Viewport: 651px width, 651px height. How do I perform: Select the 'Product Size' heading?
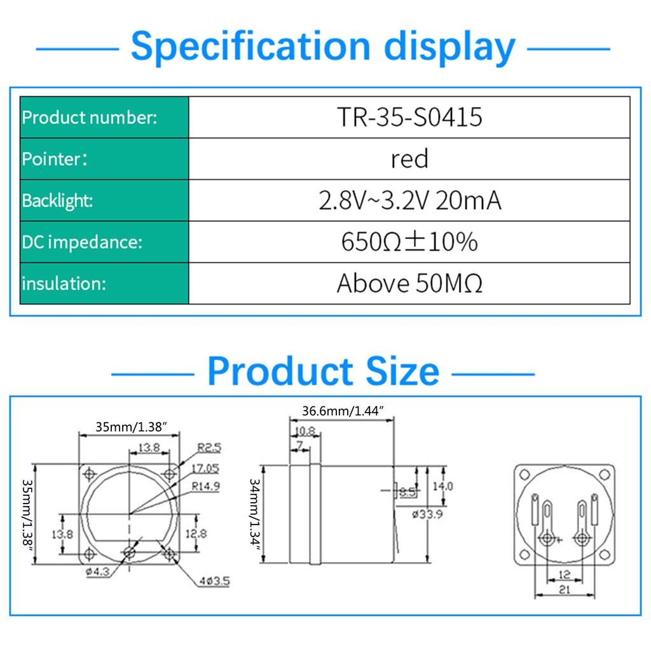[323, 371]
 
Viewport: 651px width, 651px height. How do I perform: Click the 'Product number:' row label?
[90, 118]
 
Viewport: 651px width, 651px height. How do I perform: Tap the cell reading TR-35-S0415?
[409, 118]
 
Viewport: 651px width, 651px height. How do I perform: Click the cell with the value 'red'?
[409, 159]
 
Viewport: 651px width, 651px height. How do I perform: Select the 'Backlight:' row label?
[58, 201]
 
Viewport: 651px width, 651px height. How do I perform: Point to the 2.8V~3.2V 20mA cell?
[409, 201]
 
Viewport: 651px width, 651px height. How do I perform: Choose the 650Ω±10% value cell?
[409, 242]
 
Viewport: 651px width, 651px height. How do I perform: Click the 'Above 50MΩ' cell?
[409, 284]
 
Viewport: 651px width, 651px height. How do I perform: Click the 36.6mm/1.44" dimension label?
[344, 411]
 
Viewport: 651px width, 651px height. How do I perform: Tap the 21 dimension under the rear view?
[564, 590]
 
